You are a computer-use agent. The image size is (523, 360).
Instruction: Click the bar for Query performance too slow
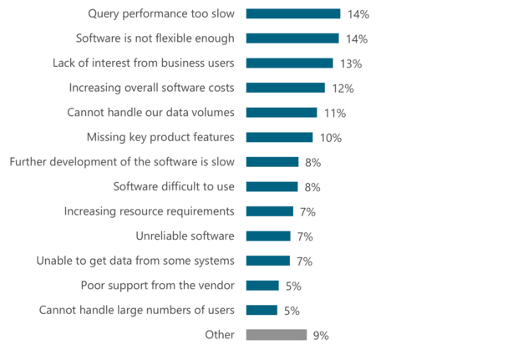click(x=292, y=14)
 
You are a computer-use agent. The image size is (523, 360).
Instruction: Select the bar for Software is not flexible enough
click(x=292, y=38)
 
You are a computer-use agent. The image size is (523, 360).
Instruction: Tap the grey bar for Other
click(x=277, y=335)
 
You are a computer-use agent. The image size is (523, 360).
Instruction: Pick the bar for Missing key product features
click(x=279, y=137)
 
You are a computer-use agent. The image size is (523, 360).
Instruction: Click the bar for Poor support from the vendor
click(x=262, y=286)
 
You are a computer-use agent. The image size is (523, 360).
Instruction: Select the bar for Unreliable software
click(x=268, y=236)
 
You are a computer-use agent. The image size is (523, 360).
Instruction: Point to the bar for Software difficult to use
click(x=272, y=187)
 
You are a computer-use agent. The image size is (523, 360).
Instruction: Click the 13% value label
click(x=351, y=63)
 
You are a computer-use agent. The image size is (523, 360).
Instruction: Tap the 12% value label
click(x=343, y=89)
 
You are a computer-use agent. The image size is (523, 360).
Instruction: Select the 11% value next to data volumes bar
click(x=335, y=113)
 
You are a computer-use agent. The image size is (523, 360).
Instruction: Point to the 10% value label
click(x=331, y=138)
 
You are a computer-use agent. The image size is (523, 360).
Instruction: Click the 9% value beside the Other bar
click(x=321, y=336)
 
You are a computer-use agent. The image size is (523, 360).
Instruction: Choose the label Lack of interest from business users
click(x=143, y=63)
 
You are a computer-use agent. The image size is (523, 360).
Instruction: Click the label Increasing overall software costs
click(x=151, y=88)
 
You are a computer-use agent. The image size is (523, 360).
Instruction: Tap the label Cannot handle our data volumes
click(x=150, y=113)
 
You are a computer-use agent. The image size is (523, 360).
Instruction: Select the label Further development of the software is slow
click(x=122, y=162)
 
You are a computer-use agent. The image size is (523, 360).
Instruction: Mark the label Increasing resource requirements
click(x=150, y=211)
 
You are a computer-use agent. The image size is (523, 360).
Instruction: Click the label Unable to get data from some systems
click(x=135, y=261)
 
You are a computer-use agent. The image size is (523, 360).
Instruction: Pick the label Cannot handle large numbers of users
click(x=137, y=311)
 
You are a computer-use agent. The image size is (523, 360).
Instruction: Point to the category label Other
click(x=220, y=335)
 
